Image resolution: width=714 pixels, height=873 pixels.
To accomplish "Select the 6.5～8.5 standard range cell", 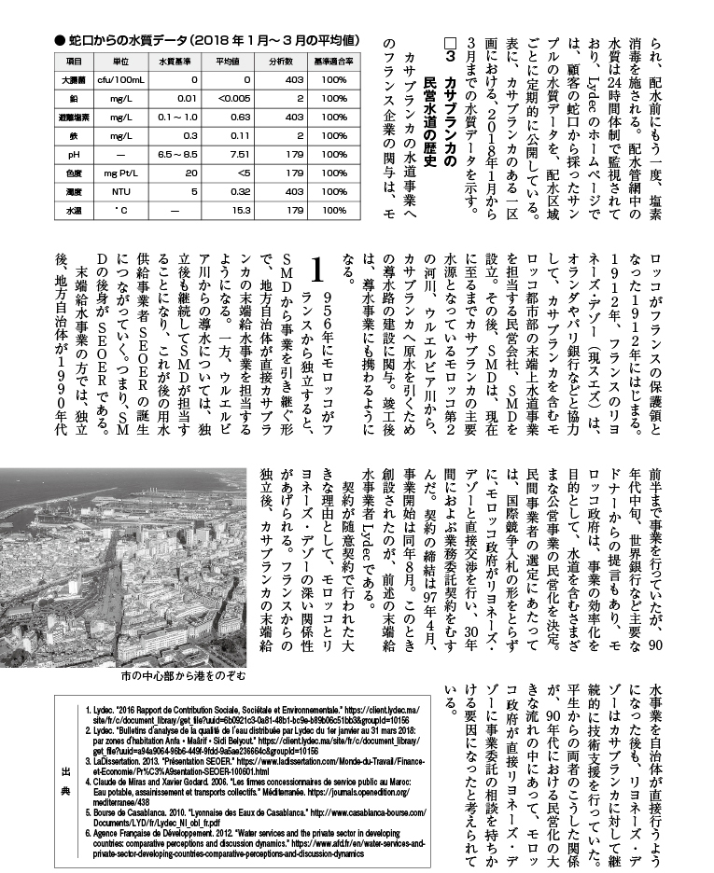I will pyautogui.click(x=178, y=153).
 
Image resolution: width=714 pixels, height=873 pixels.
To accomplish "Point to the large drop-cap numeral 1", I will pyautogui.click(x=318, y=272).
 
